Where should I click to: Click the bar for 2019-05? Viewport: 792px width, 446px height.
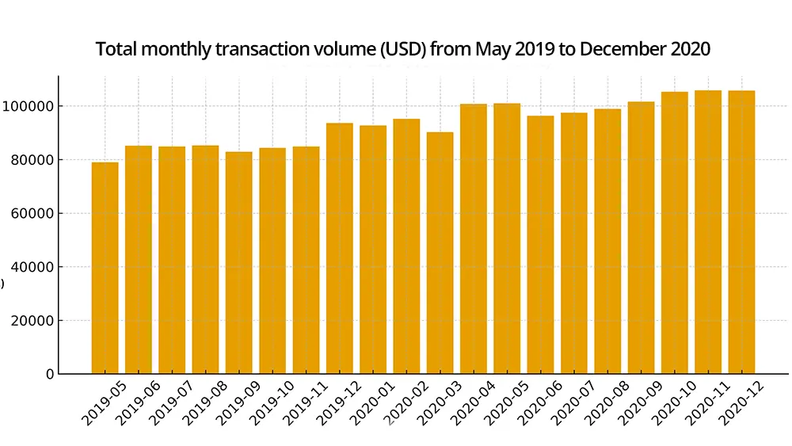[105, 268]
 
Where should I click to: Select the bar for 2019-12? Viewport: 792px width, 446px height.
[340, 248]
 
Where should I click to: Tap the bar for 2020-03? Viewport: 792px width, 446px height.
[440, 253]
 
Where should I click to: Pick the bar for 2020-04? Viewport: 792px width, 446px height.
[474, 238]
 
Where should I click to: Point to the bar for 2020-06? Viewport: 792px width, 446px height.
[541, 245]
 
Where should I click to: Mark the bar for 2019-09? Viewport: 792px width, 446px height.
[239, 262]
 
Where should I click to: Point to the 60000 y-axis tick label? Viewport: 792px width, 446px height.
[31, 213]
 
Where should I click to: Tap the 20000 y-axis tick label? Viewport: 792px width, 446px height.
[31, 321]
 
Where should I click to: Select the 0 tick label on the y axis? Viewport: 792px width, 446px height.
[49, 374]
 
